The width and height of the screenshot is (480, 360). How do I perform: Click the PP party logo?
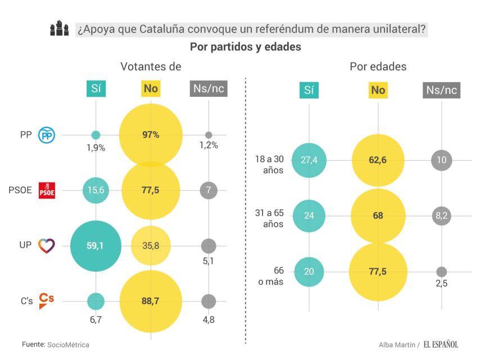(46, 135)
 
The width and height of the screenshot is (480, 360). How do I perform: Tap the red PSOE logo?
(46, 191)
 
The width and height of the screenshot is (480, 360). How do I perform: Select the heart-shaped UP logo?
(46, 246)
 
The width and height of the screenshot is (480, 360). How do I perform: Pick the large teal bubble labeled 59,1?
(96, 246)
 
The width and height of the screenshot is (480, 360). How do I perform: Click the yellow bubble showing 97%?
(151, 135)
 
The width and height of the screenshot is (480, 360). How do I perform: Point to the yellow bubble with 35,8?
(151, 246)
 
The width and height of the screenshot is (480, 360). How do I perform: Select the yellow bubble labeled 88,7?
(151, 301)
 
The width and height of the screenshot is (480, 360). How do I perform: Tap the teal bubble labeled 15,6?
(96, 191)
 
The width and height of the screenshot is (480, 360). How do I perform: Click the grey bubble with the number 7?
(209, 191)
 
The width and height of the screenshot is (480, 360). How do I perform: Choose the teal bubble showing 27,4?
(308, 160)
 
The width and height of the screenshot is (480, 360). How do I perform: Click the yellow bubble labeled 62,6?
(378, 160)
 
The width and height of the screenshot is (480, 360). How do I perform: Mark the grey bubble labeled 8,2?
(441, 215)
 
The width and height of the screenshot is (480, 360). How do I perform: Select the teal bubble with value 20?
(308, 271)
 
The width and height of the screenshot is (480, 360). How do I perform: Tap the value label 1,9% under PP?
(96, 148)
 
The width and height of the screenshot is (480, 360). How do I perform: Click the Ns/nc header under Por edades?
(441, 90)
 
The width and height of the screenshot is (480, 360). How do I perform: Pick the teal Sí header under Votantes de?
(96, 88)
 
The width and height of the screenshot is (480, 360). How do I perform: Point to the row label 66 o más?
(270, 276)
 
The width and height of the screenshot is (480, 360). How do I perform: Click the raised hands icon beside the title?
(58, 29)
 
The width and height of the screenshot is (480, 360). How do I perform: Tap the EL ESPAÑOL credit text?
(441, 344)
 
